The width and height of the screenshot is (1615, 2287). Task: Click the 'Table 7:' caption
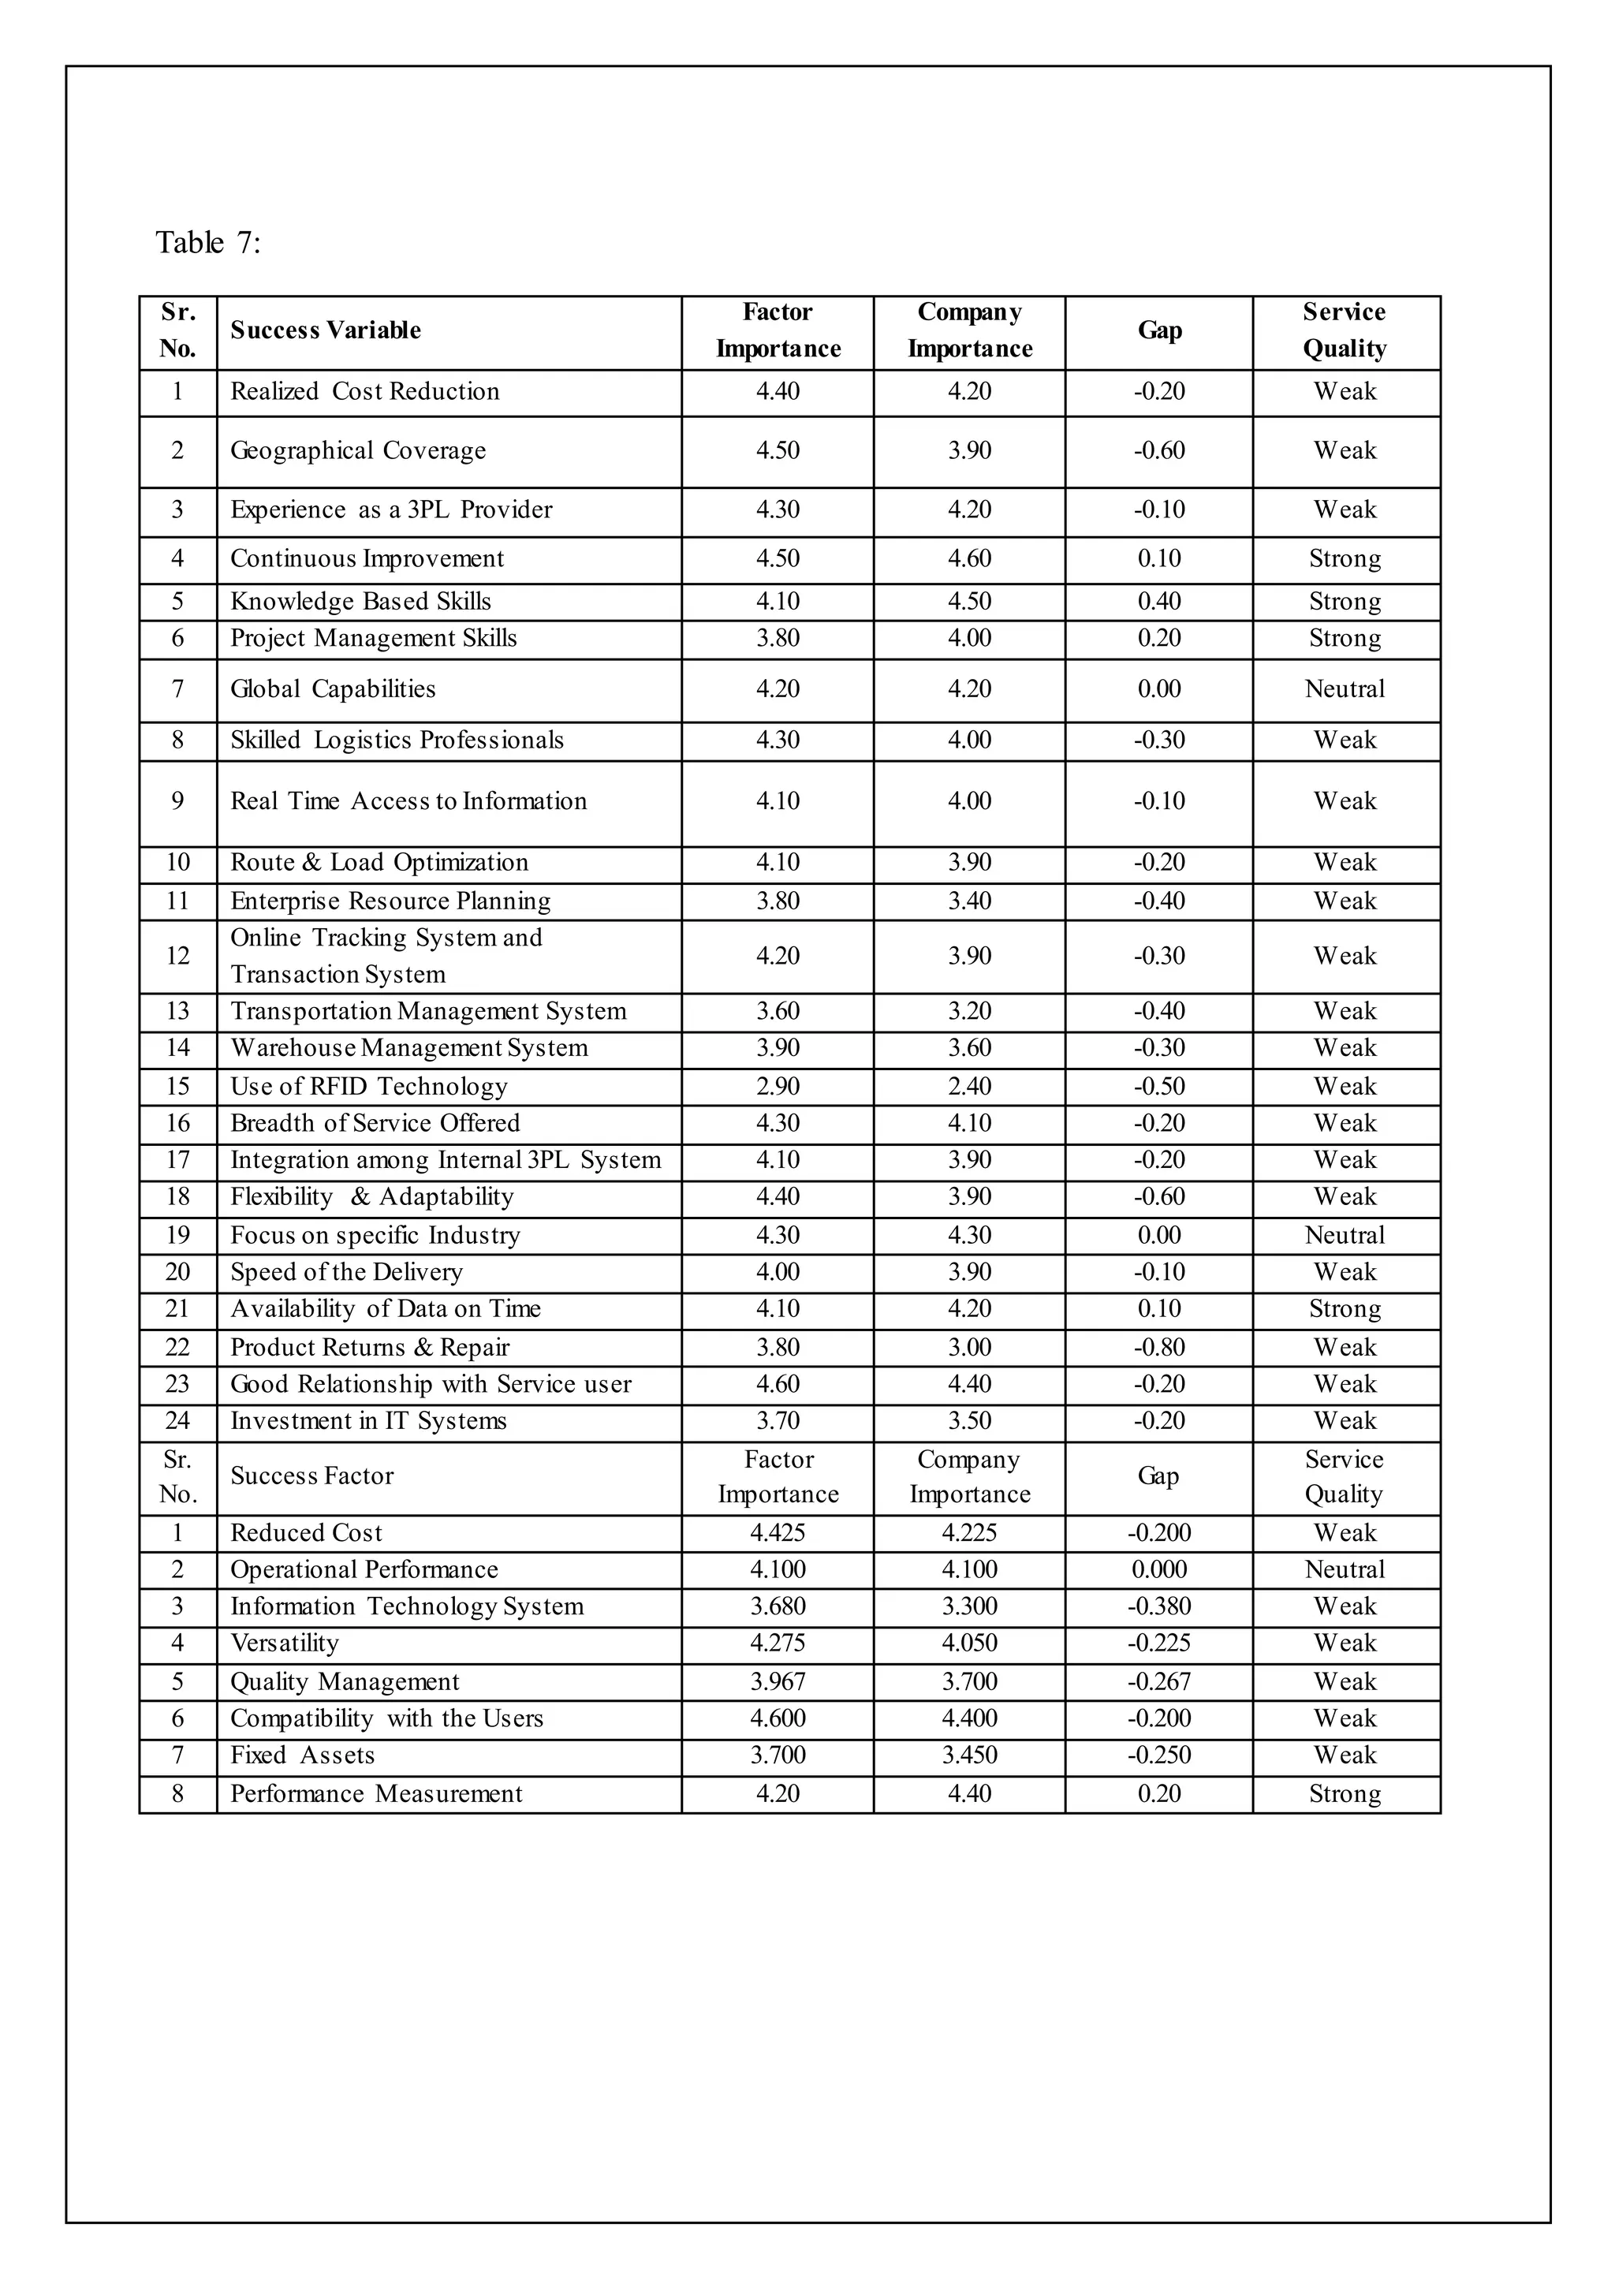[x=207, y=242]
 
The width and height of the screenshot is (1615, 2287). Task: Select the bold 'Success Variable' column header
[x=325, y=330]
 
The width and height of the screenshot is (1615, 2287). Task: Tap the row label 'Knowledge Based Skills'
[x=360, y=601]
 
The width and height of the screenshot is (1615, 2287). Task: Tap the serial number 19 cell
[x=177, y=1235]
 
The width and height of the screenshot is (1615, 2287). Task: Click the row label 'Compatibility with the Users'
[x=386, y=1718]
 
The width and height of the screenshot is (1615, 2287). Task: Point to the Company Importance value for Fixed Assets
[x=968, y=1755]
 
